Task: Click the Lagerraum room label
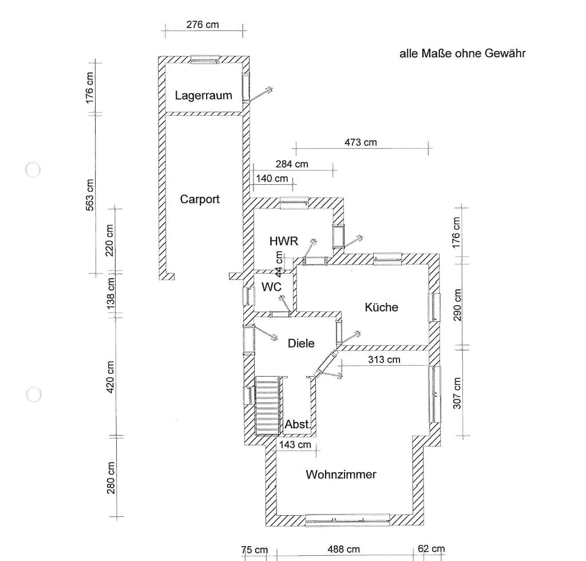204,95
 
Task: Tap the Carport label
200,199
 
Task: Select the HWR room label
284,241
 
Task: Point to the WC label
271,287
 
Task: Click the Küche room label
381,307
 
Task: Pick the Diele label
301,343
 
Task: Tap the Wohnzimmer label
341,475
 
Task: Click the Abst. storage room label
298,425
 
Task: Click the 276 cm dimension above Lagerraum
203,25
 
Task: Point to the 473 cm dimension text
361,142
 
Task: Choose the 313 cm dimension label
384,359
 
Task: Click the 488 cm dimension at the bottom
343,550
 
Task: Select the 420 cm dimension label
110,376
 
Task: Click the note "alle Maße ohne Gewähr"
462,54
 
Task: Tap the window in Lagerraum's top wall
204,59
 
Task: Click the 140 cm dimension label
272,178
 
